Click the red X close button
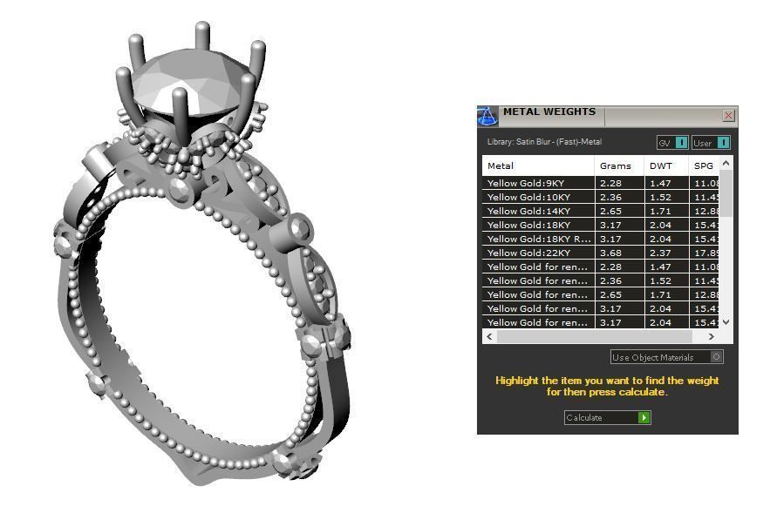coord(728,115)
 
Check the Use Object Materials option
coord(716,357)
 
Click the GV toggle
coord(671,143)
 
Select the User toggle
coord(710,143)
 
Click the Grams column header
coord(615,165)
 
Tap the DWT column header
coord(660,165)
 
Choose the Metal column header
coord(501,165)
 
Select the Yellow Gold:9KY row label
coord(528,183)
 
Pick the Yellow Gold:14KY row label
coord(528,211)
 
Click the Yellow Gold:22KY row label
coord(528,253)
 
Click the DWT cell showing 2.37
coord(658,253)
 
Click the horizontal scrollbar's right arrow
coord(711,336)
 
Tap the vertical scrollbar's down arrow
coord(726,322)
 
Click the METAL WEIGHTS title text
coord(549,111)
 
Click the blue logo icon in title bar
coord(487,116)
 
